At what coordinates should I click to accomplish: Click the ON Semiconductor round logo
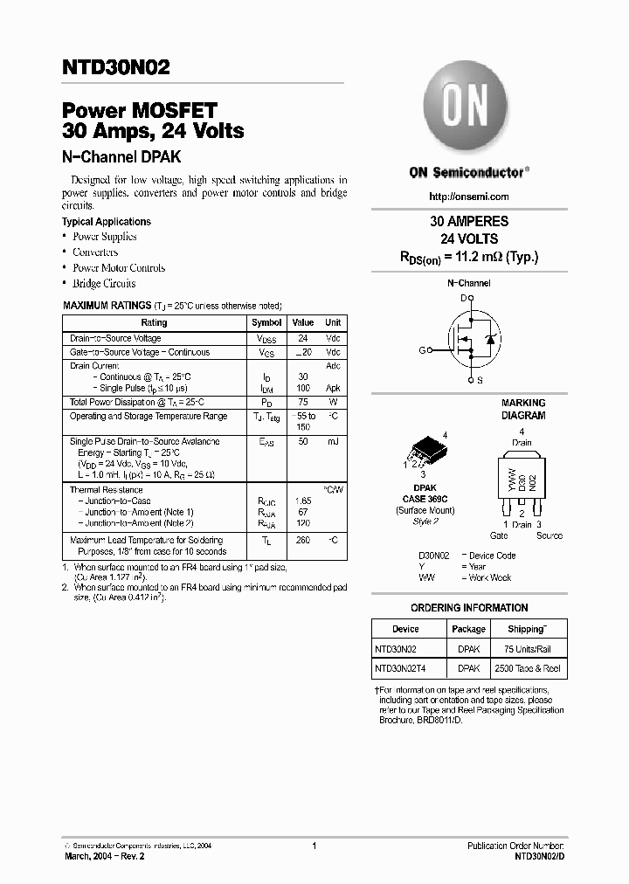click(468, 108)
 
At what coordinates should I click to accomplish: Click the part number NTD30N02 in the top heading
click(115, 66)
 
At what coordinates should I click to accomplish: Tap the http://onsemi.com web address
click(469, 197)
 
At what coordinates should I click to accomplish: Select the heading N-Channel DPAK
click(121, 157)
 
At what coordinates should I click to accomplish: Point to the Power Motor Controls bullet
click(118, 268)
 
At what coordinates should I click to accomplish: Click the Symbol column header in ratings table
click(266, 322)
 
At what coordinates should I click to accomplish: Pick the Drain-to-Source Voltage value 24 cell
click(303, 338)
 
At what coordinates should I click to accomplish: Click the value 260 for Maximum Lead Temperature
click(303, 541)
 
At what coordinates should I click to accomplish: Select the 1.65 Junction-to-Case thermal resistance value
click(303, 501)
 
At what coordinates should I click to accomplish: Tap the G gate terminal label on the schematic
click(421, 350)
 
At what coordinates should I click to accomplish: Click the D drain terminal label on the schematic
click(464, 298)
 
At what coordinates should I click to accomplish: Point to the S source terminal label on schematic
click(480, 381)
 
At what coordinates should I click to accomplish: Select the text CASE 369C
click(425, 498)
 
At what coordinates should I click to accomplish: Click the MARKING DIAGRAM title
click(522, 410)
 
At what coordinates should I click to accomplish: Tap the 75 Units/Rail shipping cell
click(527, 649)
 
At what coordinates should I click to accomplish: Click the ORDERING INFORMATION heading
click(469, 608)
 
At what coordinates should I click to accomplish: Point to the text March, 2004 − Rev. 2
click(104, 857)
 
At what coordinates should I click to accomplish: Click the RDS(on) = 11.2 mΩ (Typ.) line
click(469, 257)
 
